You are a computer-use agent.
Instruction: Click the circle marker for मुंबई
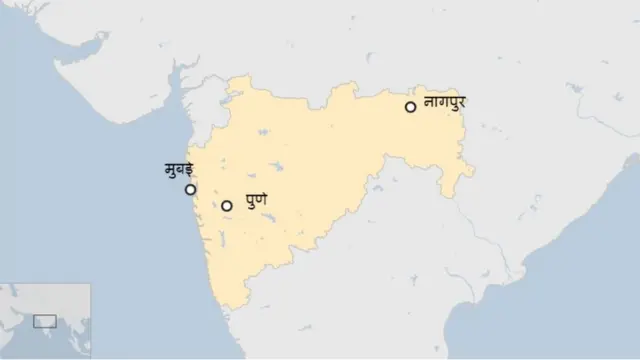tap(191, 189)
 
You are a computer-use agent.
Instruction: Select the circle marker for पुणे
tap(227, 206)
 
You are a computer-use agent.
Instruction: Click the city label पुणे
tap(256, 202)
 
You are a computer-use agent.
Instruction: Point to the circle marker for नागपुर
tap(410, 107)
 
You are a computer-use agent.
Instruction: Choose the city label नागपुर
tap(445, 102)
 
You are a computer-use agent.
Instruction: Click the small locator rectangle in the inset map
tap(44, 321)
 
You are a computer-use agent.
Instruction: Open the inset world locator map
tap(45, 321)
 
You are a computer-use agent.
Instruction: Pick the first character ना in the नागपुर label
tap(430, 102)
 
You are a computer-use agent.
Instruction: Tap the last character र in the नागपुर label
tap(462, 102)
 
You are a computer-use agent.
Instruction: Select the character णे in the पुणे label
tap(262, 202)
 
